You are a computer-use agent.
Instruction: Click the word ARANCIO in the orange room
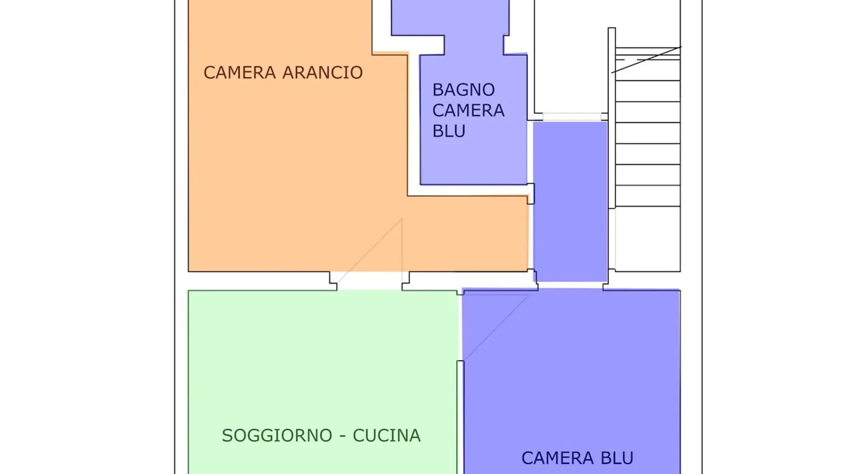tap(322, 73)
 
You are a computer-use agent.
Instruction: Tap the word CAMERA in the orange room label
tap(240, 73)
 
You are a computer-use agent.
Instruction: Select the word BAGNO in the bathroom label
tap(463, 90)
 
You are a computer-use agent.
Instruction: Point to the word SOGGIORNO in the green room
tap(277, 436)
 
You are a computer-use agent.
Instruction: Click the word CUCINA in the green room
tap(387, 436)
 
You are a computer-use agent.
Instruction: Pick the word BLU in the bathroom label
tap(449, 131)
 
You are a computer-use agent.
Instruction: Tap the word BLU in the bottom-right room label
tap(617, 458)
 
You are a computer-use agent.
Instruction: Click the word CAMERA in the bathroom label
tap(468, 110)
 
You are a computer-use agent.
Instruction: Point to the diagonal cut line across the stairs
tap(646, 60)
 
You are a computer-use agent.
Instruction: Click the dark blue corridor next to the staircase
tap(571, 201)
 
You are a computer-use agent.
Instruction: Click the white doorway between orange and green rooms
tap(369, 281)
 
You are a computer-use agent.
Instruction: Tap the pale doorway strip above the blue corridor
tap(572, 117)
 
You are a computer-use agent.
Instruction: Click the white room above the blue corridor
tap(572, 56)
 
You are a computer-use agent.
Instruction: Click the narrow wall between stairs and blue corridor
tap(612, 118)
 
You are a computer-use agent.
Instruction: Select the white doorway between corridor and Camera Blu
tap(571, 285)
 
